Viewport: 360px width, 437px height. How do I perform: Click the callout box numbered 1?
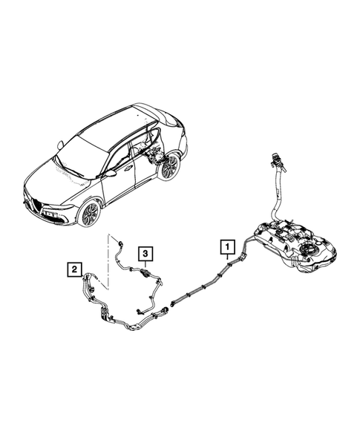pos(228,246)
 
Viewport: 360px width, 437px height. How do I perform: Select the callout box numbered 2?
pos(74,269)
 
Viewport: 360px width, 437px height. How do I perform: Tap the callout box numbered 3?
pos(145,254)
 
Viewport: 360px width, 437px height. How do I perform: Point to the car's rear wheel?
pos(169,167)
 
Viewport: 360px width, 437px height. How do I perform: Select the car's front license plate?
pos(51,215)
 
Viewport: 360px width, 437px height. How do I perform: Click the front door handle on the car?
pos(128,168)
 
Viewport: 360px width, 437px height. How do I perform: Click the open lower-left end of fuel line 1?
pos(171,304)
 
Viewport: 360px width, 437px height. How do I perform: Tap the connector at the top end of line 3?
pos(120,244)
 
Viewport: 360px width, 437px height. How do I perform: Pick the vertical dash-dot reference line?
pos(108,262)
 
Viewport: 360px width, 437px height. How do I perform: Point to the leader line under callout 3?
pos(145,265)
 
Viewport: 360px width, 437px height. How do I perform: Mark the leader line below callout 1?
pos(228,257)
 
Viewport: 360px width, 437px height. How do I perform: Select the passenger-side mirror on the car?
pos(60,145)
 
